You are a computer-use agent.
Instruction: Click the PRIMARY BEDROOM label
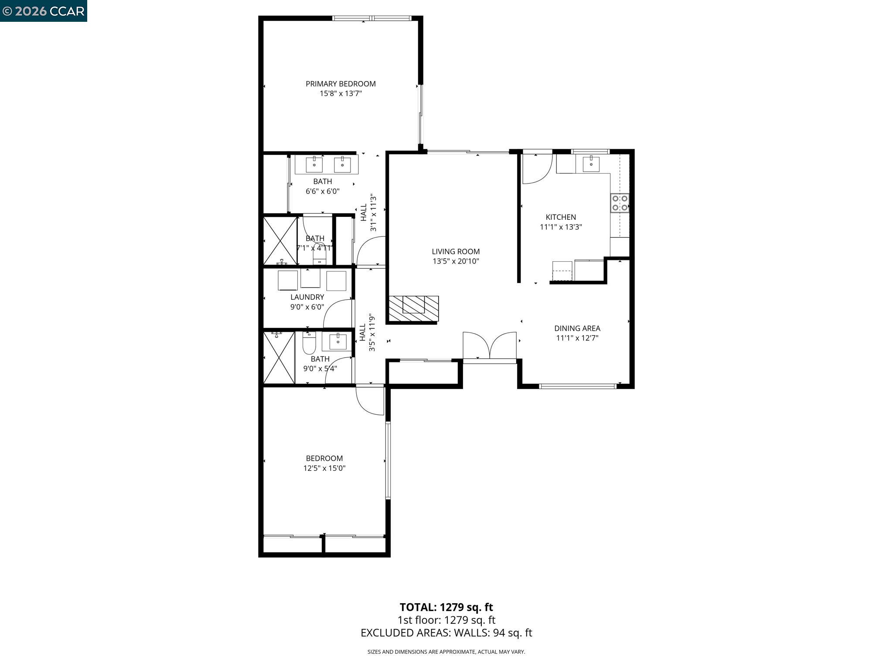pos(341,84)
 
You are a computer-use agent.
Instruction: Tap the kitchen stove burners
pos(620,203)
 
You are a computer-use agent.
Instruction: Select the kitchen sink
pos(591,164)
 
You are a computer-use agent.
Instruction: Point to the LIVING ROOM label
pos(456,252)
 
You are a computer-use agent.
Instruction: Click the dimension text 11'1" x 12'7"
pos(577,338)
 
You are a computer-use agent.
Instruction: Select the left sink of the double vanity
pos(314,165)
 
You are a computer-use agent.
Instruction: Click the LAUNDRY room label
pos(307,297)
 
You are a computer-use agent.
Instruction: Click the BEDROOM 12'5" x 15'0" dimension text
pos(324,468)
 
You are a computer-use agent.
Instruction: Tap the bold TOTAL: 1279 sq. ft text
pos(446,607)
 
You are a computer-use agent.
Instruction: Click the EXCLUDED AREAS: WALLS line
pos(446,633)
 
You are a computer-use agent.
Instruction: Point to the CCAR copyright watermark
pos(43,11)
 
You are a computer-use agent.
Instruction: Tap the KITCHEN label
pos(561,217)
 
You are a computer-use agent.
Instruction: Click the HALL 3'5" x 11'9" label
pos(367,332)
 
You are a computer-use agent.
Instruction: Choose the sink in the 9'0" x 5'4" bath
pos(337,342)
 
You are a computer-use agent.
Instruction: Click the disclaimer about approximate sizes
pos(446,652)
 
